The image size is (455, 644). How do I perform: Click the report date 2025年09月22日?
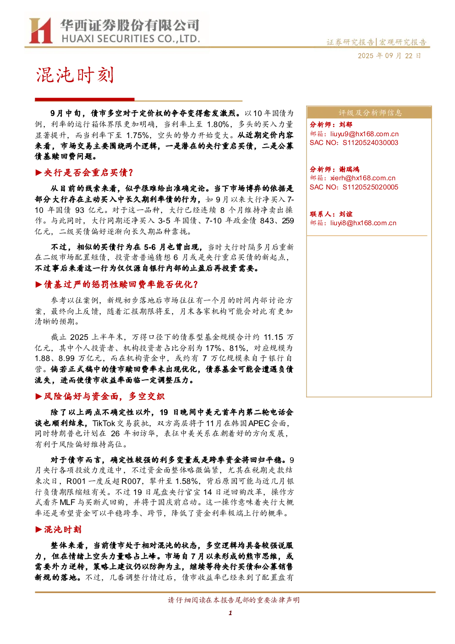tap(389, 56)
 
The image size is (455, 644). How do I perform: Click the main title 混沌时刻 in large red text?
tap(75, 75)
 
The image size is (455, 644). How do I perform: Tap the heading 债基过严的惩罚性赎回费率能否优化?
tap(121, 284)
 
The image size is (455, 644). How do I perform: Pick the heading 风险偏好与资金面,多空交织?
tap(104, 396)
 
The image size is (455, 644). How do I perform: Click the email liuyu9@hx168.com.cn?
tap(364, 134)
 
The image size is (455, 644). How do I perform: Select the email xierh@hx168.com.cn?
tap(363, 178)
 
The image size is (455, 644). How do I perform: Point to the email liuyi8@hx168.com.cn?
tap(363, 223)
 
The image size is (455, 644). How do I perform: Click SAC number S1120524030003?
tap(370, 143)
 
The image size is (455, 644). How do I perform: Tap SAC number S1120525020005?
tap(370, 188)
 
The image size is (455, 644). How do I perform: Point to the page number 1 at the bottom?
tap(230, 613)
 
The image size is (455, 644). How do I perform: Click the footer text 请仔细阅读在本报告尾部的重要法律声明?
tap(234, 600)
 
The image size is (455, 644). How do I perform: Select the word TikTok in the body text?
tap(104, 423)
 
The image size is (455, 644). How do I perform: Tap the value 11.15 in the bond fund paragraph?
tap(273, 337)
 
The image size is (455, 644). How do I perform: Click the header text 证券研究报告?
tap(351, 42)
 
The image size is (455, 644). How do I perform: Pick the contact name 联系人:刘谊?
tap(331, 214)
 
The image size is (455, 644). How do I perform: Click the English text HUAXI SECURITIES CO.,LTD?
tap(131, 39)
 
